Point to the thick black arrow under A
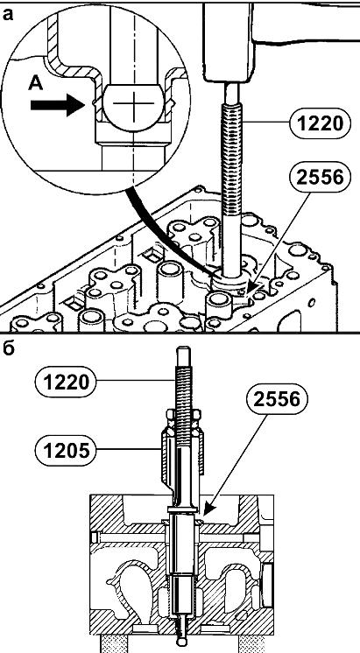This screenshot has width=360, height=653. pyautogui.click(x=58, y=105)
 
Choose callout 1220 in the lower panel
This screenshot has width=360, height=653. pyautogui.click(x=67, y=382)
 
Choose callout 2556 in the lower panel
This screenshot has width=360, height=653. pyautogui.click(x=277, y=399)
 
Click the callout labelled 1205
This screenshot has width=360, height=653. pyautogui.click(x=67, y=450)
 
